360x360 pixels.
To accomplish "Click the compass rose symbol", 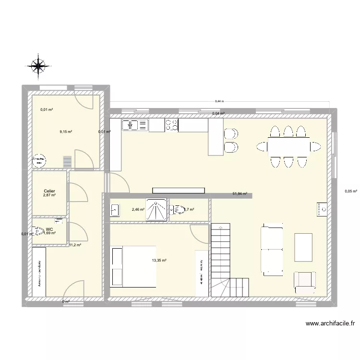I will tap(38, 66).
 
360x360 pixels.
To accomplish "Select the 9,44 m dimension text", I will tap(219, 101).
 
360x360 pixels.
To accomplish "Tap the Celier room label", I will tap(49, 191).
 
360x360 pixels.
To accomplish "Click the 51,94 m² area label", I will tap(240, 194).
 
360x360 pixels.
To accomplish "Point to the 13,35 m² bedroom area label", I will tap(159, 261).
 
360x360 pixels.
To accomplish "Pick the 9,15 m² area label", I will tap(66, 132).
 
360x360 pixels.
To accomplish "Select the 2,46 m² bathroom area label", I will tap(138, 210).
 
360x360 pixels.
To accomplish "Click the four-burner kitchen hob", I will tap(171, 125).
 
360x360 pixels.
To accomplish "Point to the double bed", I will tap(133, 266).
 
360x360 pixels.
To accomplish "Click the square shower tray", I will tap(157, 210).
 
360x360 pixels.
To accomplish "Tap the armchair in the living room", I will tap(304, 281).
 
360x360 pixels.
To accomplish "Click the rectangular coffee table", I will tap(303, 247).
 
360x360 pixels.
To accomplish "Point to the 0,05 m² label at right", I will tap(351, 191).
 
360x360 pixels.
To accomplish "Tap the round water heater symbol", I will tap(38, 159).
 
